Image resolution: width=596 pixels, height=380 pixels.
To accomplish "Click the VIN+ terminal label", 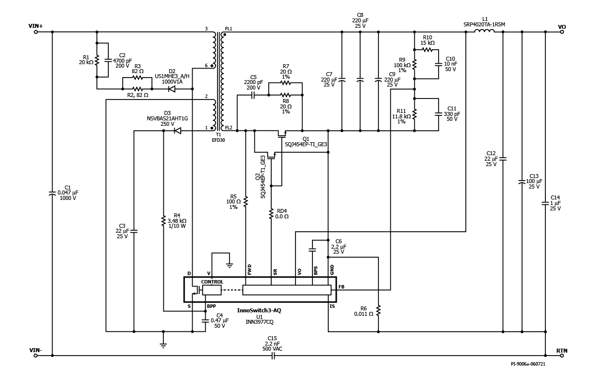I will click(x=36, y=25).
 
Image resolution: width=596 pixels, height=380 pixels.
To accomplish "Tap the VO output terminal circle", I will click(x=562, y=32).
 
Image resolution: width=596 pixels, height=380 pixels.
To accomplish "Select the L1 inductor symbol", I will click(x=484, y=31).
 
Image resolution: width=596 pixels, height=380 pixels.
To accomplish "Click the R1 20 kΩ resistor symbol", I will click(x=97, y=60).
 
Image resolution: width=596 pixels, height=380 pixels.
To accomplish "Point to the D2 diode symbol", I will click(x=172, y=89).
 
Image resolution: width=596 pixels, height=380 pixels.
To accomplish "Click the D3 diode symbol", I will click(x=177, y=131).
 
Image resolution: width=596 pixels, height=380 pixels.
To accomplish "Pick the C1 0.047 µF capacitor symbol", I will click(x=52, y=194).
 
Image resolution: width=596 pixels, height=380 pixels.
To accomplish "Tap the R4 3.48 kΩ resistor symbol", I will click(x=163, y=220).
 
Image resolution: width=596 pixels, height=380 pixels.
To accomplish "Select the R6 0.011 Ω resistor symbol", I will click(x=378, y=311).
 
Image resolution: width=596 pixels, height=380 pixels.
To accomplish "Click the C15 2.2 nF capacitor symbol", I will click(x=273, y=356).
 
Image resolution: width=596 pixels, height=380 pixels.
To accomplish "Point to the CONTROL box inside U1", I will click(x=212, y=290).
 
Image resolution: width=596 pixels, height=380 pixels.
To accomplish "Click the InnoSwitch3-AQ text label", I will click(x=259, y=310).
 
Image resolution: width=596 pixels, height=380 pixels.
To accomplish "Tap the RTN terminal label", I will click(x=562, y=350).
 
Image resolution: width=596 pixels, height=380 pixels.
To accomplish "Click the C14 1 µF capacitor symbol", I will click(x=545, y=203).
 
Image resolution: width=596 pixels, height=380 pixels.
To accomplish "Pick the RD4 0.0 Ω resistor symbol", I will click(x=271, y=214).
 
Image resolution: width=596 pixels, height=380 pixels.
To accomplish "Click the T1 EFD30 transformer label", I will click(x=219, y=137).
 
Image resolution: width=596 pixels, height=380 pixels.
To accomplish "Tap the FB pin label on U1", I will click(x=342, y=287).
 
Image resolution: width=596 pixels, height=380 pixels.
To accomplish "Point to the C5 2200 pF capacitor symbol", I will click(x=253, y=95).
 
